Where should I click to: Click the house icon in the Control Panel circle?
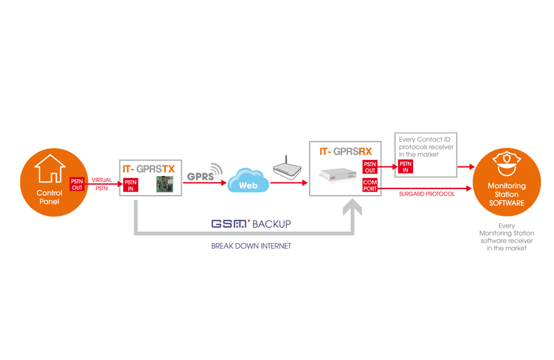(x=50, y=168)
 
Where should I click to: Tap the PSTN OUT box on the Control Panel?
(x=78, y=183)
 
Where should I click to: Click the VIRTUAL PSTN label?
(x=102, y=184)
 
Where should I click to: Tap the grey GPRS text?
(x=200, y=177)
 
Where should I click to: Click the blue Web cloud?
(x=248, y=183)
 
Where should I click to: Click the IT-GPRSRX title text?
(x=345, y=151)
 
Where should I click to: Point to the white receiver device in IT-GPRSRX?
(x=337, y=174)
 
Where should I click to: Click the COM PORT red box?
(x=370, y=185)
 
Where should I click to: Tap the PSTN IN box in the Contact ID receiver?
(x=406, y=167)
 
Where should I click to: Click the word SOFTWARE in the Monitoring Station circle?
(x=506, y=203)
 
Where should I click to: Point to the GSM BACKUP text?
(x=250, y=224)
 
